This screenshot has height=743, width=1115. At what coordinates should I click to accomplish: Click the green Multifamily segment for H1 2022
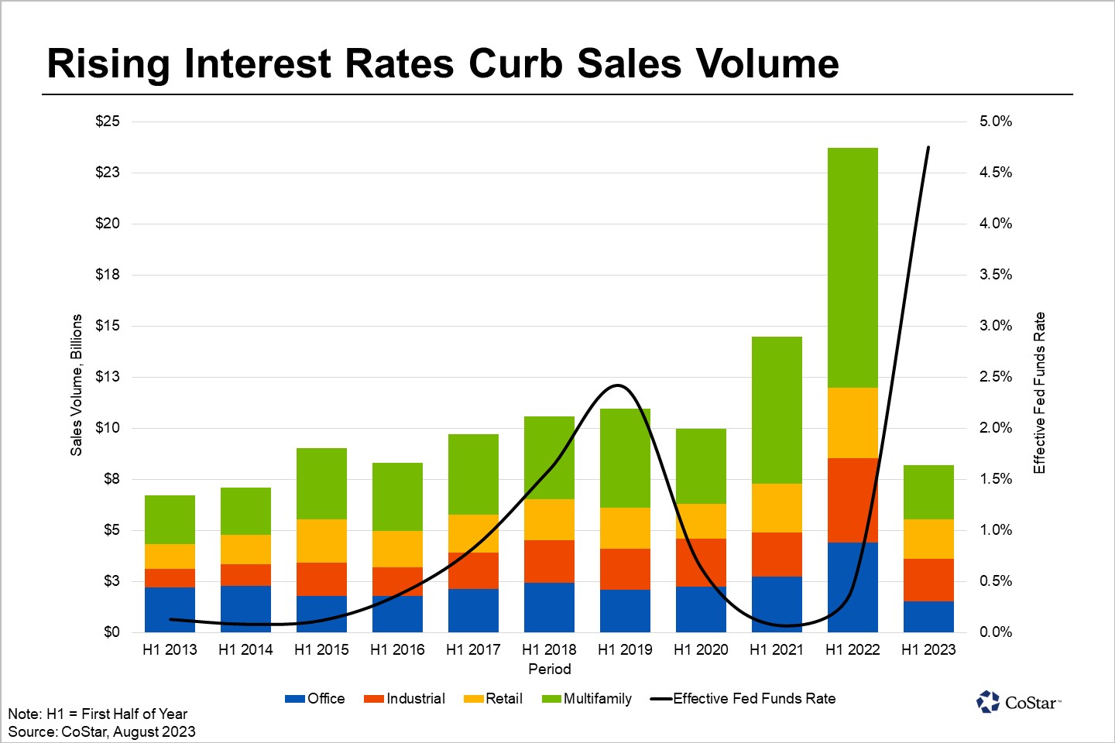853,267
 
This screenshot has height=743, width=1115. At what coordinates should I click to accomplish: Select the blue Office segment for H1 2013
170,609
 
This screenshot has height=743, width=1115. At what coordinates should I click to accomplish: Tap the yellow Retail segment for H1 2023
928,539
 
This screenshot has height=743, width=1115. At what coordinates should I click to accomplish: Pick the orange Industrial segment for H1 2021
777,554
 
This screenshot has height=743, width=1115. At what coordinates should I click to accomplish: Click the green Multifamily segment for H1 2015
321,483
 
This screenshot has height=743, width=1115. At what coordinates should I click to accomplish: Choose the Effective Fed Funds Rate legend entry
743,699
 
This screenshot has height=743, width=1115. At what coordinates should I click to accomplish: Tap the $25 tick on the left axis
108,122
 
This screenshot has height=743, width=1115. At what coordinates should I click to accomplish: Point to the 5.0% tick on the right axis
996,122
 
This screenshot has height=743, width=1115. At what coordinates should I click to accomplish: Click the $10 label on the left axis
108,428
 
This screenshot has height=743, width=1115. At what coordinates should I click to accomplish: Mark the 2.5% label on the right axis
996,377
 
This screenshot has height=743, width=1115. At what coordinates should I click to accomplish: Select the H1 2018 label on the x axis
549,650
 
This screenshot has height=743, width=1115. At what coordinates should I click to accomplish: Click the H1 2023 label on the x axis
928,650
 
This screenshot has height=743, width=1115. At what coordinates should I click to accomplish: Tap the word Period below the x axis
549,669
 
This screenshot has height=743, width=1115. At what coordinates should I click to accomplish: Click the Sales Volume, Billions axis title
76,385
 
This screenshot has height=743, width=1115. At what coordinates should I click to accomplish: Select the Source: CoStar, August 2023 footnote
101,731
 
